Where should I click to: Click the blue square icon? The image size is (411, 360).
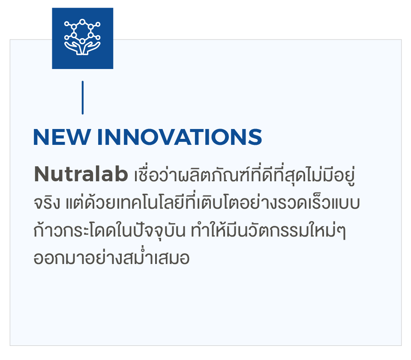coord(83,38)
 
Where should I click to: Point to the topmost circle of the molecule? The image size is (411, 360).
coord(82,22)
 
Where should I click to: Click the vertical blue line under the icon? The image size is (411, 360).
coord(83,98)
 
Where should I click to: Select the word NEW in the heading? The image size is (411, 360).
coord(62,137)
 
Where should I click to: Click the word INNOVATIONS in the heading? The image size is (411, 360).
coord(180,137)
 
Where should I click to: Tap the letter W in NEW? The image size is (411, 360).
coord(78,137)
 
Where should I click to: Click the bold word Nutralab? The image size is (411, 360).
coord(81,174)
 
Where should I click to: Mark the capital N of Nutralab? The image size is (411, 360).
coord(42,174)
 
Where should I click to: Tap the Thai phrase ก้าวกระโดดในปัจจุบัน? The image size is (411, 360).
coord(110,229)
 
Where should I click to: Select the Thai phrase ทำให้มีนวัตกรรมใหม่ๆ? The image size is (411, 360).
coord(268,229)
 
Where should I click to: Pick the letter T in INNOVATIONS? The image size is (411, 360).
coord(200,137)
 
